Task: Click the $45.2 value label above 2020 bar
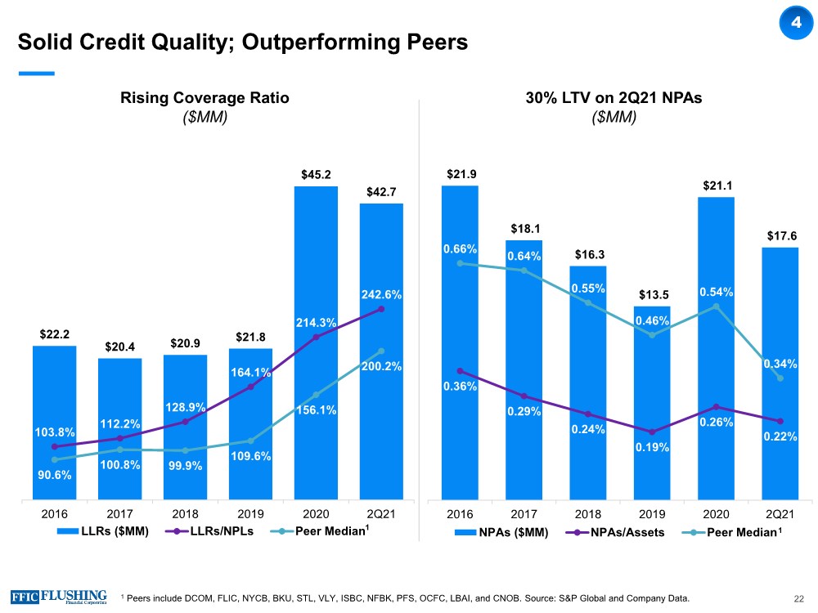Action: (x=316, y=174)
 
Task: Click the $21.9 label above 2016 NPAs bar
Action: (x=461, y=174)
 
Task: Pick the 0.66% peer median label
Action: (x=461, y=248)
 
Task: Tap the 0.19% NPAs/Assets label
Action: (x=652, y=447)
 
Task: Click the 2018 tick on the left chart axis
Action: (x=184, y=515)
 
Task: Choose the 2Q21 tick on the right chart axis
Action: (x=780, y=515)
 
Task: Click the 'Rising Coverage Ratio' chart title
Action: (x=204, y=98)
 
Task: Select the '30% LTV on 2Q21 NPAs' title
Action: (x=613, y=98)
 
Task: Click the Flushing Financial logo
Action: (x=59, y=596)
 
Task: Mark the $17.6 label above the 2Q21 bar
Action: (x=780, y=235)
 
